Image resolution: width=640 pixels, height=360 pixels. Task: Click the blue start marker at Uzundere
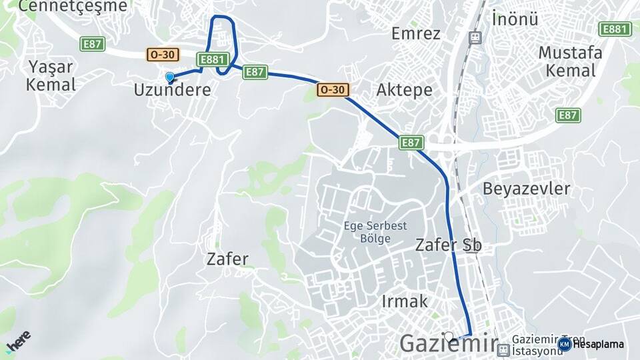tap(169, 78)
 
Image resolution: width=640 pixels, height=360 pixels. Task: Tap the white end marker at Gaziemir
tap(449, 337)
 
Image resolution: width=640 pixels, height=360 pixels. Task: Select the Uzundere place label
tap(172, 89)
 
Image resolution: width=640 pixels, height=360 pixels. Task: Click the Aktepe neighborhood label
tap(404, 90)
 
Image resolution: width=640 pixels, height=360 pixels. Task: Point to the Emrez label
tap(416, 33)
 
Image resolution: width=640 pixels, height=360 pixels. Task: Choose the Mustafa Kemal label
tap(570, 61)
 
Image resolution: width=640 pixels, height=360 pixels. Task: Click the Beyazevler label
tap(526, 189)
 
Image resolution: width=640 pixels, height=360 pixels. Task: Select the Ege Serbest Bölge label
tap(375, 232)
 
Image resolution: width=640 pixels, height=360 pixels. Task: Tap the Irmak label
tap(405, 301)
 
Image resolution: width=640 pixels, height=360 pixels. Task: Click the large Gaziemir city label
tap(448, 345)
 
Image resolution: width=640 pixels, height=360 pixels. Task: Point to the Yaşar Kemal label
tap(51, 75)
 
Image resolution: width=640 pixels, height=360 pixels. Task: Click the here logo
tap(18, 342)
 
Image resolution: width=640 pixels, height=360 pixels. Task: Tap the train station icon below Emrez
tap(474, 38)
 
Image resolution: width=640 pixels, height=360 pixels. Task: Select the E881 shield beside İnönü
tap(615, 29)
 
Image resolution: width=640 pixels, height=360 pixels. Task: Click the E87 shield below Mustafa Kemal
tap(568, 115)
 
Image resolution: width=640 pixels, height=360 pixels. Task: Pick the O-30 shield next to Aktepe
tap(333, 89)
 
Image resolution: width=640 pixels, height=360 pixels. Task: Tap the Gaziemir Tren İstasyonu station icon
tap(504, 349)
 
